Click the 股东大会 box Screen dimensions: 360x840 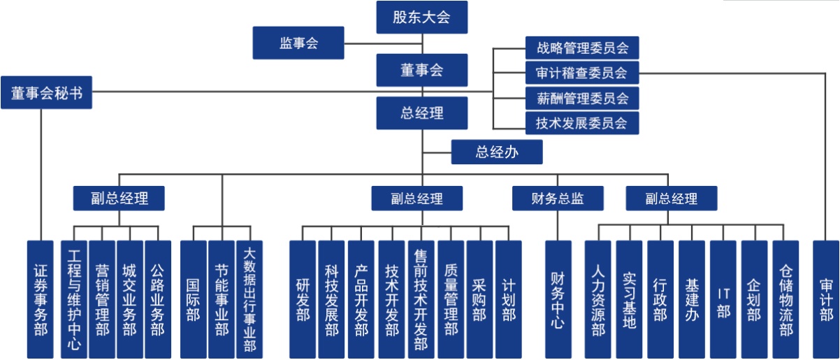coord(421,17)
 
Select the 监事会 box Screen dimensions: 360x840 coord(298,43)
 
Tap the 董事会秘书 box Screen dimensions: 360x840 coord(46,93)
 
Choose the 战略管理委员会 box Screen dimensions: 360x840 coord(582,48)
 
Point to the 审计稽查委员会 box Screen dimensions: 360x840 coord(582,73)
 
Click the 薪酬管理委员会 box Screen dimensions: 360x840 coord(582,98)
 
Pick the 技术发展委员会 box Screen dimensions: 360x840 coord(582,123)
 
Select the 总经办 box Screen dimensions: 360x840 coord(496,152)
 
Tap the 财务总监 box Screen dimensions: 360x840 coord(558,199)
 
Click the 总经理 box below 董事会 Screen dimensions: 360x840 coord(421,113)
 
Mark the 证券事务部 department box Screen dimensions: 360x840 coord(41,299)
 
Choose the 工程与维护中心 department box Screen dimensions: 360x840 coord(74,299)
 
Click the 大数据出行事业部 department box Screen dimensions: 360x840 coord(249,299)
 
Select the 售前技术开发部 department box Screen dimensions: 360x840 coord(421,299)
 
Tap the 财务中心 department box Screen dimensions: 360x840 coord(558,299)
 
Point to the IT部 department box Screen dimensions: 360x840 coord(723,299)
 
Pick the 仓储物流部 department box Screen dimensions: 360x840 coord(785,299)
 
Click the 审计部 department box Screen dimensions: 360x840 coord(825,299)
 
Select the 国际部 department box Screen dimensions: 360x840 coord(193,299)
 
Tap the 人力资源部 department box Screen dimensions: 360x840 coord(598,299)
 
